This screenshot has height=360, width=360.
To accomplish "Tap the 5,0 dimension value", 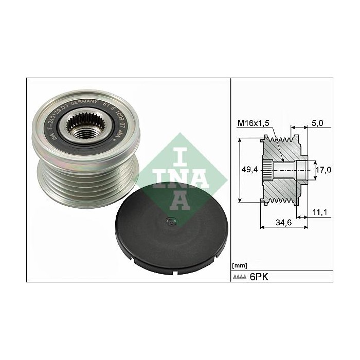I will (x=317, y=123).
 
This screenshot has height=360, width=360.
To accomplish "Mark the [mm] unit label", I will (x=239, y=265).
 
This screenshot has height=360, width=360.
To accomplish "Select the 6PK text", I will (x=259, y=277).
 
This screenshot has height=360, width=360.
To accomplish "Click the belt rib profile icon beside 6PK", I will (x=240, y=277).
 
